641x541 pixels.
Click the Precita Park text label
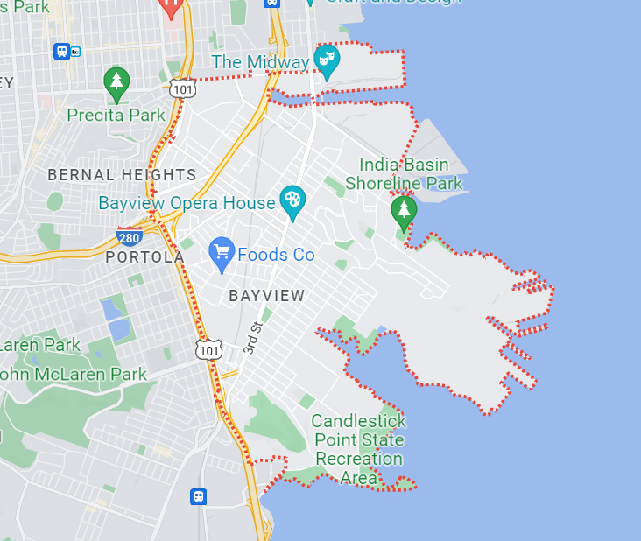116,115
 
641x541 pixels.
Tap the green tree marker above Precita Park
116,82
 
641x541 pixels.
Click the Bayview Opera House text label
187,203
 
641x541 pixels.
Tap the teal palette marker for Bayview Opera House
292,200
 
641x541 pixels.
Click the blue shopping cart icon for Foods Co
222,252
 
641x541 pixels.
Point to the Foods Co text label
276,255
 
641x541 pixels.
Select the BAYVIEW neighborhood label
267,296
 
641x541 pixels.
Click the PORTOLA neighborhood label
144,257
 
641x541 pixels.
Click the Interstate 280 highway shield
130,235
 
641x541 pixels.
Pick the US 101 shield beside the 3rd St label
208,350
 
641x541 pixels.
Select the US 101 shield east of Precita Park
183,88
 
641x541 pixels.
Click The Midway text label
260,62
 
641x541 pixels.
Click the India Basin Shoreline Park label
404,173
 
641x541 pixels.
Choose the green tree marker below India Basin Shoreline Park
403,210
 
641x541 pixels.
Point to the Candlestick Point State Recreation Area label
358,449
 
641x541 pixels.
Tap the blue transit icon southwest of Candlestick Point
199,496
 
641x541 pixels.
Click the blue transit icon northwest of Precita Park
62,51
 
